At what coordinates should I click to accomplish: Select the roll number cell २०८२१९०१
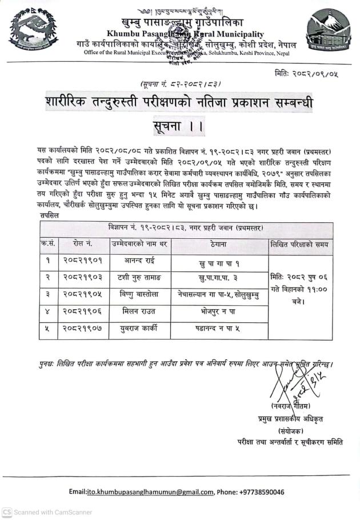coord(83,261)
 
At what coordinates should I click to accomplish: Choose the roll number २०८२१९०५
coord(83,295)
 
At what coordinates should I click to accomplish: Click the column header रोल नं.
coord(83,244)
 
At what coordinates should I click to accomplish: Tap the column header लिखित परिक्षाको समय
coord(300,244)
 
